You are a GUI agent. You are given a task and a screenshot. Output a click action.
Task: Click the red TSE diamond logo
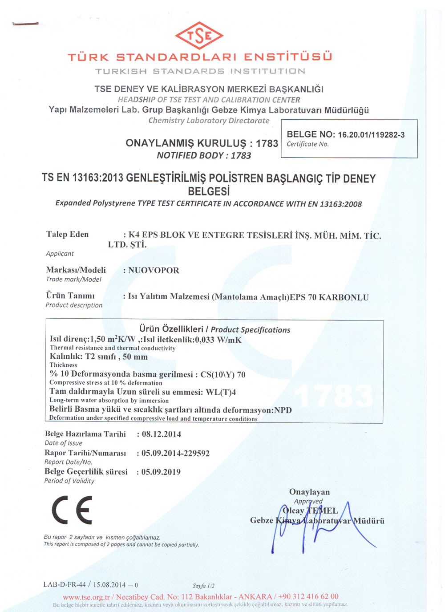[x=199, y=35]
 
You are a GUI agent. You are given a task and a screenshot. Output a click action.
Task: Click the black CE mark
[x=72, y=510]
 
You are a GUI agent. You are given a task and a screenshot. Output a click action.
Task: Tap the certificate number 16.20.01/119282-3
[x=371, y=135]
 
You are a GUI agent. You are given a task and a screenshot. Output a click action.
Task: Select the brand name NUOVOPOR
[x=154, y=270]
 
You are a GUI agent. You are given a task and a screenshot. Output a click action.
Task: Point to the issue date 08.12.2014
[x=161, y=434]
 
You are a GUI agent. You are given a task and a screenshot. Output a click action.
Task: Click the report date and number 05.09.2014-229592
[x=175, y=453]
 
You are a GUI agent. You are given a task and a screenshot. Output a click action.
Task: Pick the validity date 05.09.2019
[x=161, y=472]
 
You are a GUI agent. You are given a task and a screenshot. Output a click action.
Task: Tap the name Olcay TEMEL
[x=310, y=511]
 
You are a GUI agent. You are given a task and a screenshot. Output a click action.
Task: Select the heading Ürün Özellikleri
[x=171, y=329]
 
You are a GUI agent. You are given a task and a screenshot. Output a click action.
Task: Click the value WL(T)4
[x=221, y=392]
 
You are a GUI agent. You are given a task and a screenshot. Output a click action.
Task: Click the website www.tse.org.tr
[x=86, y=596]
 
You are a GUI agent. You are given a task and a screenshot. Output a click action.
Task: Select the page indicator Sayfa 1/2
[x=203, y=586]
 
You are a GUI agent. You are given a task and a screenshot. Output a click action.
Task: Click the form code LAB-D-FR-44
[x=64, y=584]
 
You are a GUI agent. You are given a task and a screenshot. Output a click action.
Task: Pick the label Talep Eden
[x=67, y=234]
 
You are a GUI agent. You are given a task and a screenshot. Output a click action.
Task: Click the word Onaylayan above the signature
[x=309, y=492]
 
